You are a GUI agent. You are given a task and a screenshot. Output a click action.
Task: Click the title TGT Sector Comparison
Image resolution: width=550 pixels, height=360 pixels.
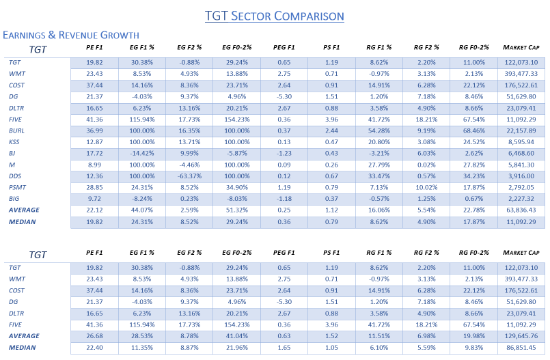(275, 15)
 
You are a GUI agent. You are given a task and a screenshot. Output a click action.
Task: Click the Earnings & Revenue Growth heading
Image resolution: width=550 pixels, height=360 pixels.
(71, 35)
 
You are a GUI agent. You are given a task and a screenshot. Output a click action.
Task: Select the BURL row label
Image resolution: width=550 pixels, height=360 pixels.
(16, 130)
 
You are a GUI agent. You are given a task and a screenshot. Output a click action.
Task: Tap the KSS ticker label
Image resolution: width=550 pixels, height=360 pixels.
(15, 141)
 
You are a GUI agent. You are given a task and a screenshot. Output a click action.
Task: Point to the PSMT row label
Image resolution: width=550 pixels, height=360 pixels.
(18, 186)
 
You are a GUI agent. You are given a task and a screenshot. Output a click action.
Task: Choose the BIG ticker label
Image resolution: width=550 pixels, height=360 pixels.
(14, 198)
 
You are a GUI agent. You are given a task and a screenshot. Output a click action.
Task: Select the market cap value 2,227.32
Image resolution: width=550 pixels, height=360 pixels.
(523, 198)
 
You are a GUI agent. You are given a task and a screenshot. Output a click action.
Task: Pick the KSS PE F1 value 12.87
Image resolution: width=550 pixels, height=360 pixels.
(94, 141)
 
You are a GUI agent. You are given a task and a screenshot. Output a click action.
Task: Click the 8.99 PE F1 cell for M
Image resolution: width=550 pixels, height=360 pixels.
(94, 164)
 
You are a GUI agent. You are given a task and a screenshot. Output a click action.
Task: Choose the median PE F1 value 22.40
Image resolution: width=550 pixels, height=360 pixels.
(94, 348)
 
